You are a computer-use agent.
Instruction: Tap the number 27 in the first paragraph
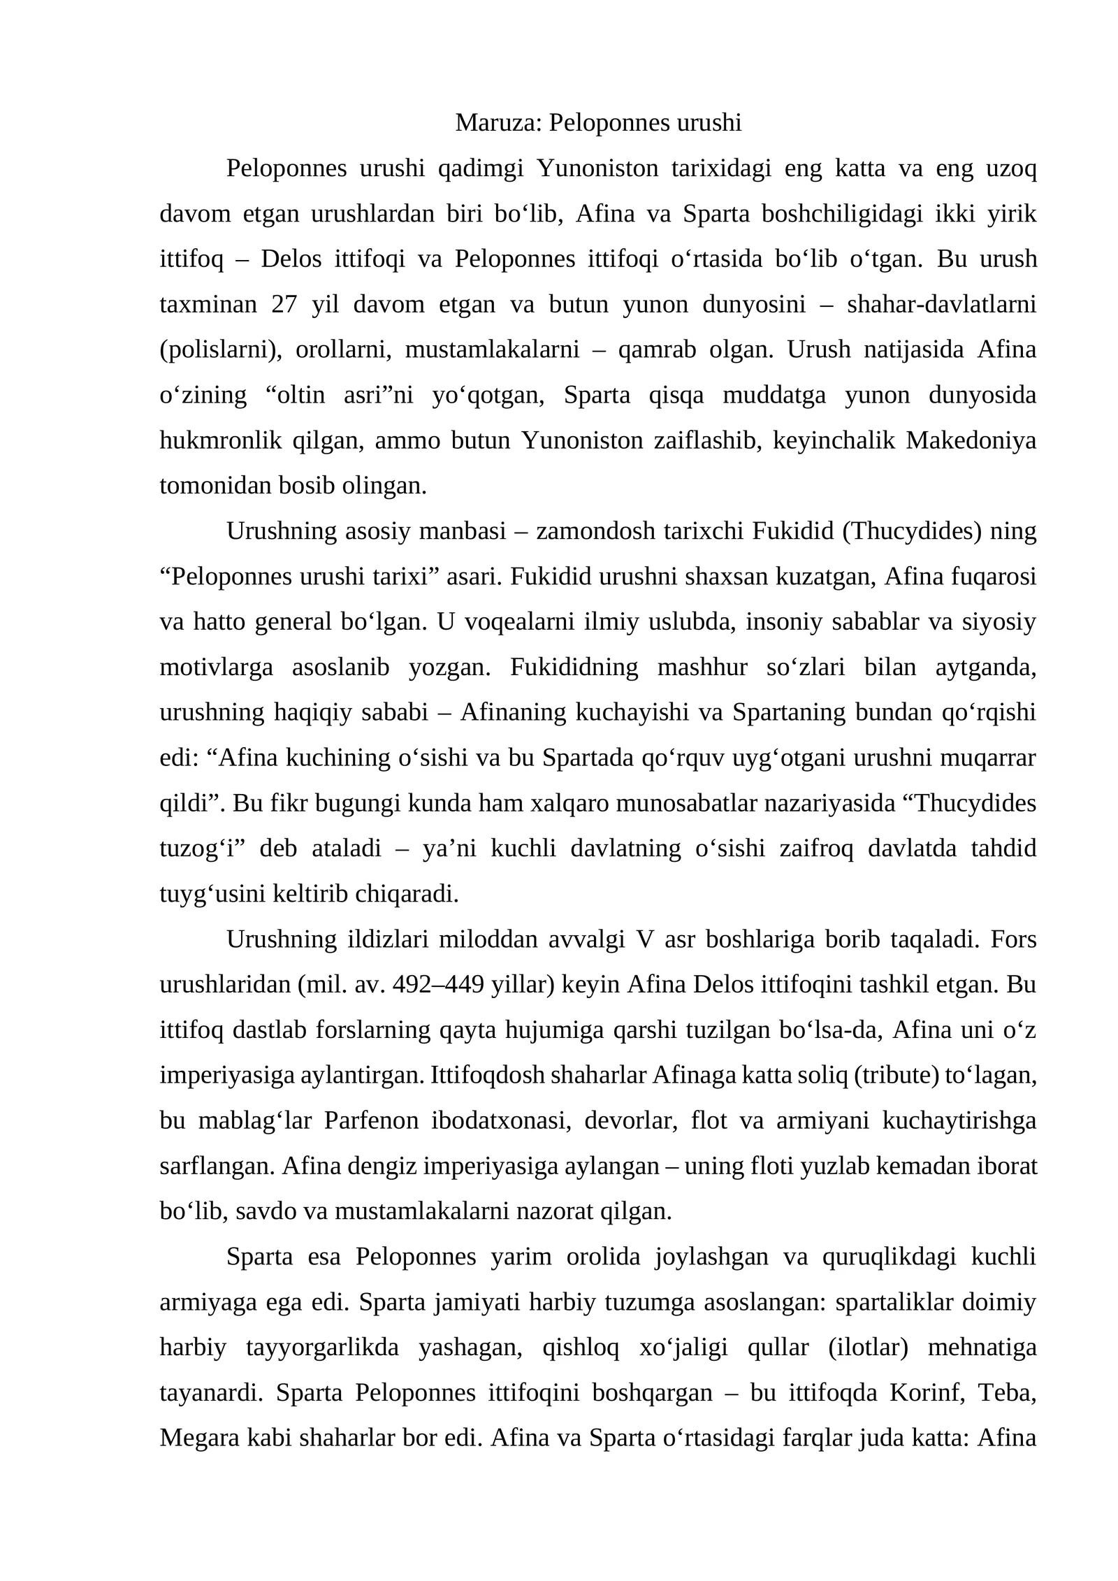click(284, 305)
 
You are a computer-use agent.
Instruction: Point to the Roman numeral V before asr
click(641, 939)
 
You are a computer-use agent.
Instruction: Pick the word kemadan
click(915, 1166)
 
